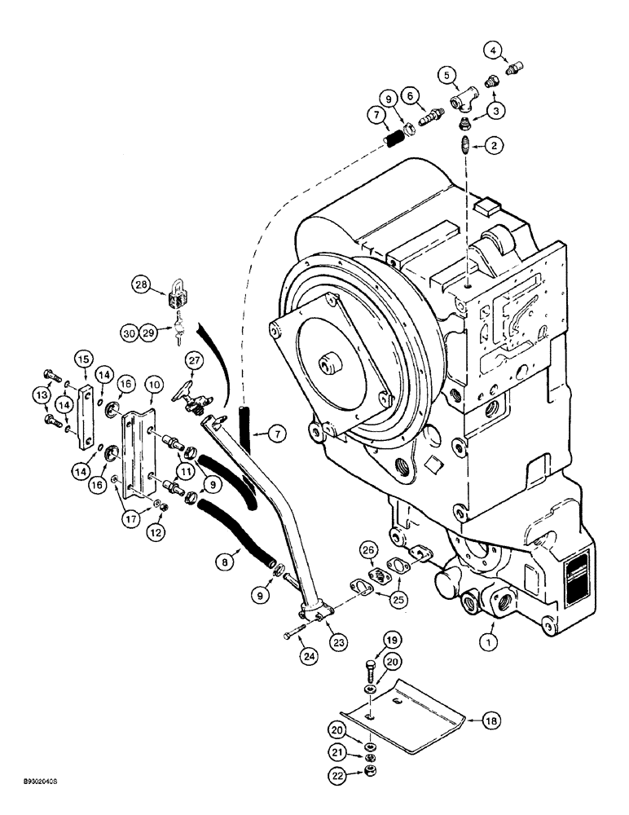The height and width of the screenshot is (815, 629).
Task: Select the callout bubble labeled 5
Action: click(446, 75)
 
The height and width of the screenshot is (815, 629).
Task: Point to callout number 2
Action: click(494, 147)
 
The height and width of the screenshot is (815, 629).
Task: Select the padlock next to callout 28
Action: click(178, 292)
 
